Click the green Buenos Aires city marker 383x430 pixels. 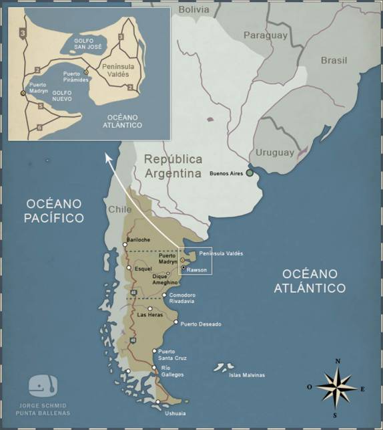[x=250, y=173]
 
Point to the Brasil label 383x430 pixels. [x=334, y=60]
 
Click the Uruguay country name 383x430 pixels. [x=274, y=152]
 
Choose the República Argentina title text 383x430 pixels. [x=173, y=167]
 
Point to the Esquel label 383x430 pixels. [x=143, y=268]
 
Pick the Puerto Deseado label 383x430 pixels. [x=201, y=324]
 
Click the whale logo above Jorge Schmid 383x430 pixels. [x=43, y=387]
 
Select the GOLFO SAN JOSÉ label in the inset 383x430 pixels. [x=86, y=45]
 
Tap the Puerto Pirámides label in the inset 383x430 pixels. [x=75, y=76]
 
